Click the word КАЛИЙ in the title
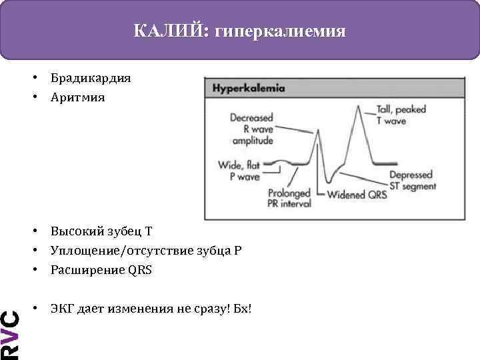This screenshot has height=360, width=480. pos(169,31)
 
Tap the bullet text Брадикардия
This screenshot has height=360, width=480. pos(90,78)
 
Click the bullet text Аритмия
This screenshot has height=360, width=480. pos(77,97)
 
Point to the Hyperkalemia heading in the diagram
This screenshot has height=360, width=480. pos(249,88)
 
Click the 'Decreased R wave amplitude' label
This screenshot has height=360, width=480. pos(251,129)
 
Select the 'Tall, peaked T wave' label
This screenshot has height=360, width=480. pos(400,115)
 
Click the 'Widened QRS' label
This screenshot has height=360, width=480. pos(356,195)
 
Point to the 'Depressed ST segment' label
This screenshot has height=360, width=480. pos(413,181)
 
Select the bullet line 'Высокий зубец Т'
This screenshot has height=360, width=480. pos(101,231)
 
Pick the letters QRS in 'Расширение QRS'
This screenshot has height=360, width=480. pos(141,270)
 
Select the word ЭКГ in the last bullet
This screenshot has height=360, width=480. pos(62,309)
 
